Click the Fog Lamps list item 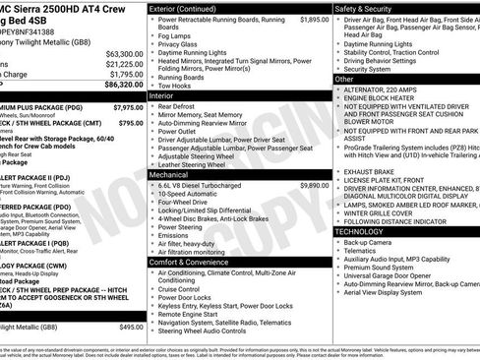[x=175, y=34]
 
